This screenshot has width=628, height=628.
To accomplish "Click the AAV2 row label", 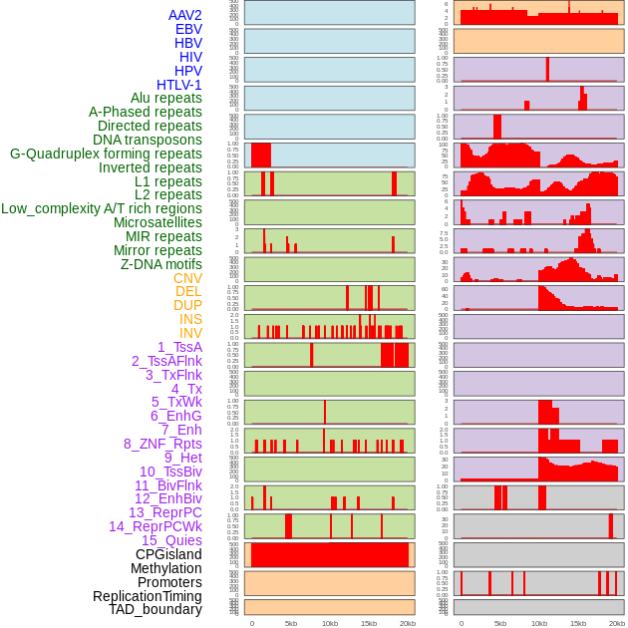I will pos(185,15).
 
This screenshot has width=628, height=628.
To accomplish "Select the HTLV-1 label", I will pos(179,85).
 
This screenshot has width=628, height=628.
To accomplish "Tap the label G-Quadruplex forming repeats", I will pos(106,154).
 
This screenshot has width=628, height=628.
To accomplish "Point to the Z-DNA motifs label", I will pos(161,264).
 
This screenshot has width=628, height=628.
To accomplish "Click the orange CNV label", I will pos(187,278).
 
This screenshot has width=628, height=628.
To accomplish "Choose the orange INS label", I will pos(190,319).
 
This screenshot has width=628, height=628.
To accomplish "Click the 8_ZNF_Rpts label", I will pos(162,444).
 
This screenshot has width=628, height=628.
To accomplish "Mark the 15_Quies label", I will pos(171,540).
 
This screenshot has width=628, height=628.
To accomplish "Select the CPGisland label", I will pos(168,554).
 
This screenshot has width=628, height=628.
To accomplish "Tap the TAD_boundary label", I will pos(156,609).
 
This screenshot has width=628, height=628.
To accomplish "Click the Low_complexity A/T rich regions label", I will pos(102,208).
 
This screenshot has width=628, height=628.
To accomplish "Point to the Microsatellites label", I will pos(157,222).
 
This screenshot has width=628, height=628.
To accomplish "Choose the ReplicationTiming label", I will pos(148,596).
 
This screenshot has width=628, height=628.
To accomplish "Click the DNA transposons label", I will pos(148,140).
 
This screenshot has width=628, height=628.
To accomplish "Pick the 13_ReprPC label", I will pos(165,512).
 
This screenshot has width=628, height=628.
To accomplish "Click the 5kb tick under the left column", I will pos(291,623).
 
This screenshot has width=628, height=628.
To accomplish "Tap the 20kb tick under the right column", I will pos(617,623).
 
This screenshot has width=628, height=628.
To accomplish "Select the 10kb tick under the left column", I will pos(329,623).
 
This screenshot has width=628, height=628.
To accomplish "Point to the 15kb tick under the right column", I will pos(578,623).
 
